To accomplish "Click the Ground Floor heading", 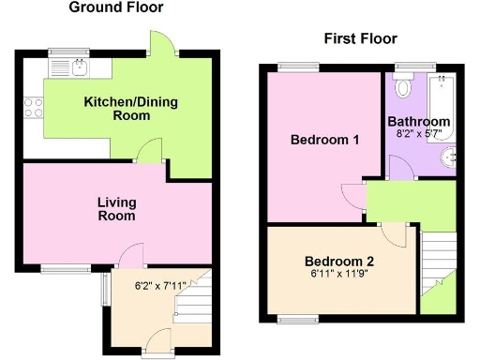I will [x=116, y=7].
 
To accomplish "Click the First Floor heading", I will [x=360, y=38].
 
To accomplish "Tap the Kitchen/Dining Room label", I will [x=117, y=108].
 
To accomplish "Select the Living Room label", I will [x=117, y=208].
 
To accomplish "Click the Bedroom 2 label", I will [x=339, y=262].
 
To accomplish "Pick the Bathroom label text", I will [x=419, y=122].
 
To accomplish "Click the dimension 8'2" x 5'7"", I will [x=419, y=135].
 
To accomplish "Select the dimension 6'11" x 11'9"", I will [x=339, y=276].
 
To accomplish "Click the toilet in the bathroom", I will [x=404, y=87].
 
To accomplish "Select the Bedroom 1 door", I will [x=352, y=195].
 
